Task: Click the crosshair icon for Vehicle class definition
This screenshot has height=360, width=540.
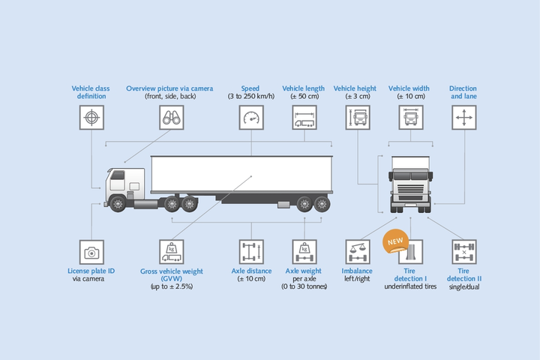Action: pyautogui.click(x=91, y=118)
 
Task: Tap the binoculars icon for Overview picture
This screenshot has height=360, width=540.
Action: pyautogui.click(x=171, y=118)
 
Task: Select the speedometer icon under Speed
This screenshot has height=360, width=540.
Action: pyautogui.click(x=251, y=118)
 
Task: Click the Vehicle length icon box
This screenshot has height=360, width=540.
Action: pyautogui.click(x=304, y=118)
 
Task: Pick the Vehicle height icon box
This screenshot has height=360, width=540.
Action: pyautogui.click(x=358, y=118)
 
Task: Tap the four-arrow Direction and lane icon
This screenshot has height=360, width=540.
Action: pyautogui.click(x=463, y=118)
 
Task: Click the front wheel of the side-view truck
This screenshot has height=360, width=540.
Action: pyautogui.click(x=118, y=202)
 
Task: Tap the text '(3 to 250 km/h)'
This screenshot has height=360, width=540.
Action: pyautogui.click(x=251, y=97)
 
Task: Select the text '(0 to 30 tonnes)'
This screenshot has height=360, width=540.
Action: pyautogui.click(x=304, y=286)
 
